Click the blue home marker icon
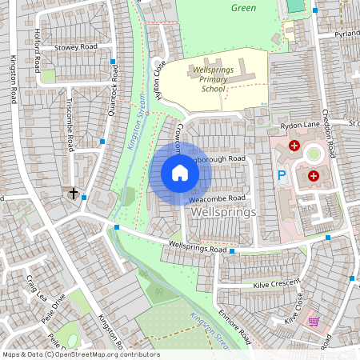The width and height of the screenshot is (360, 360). click(x=180, y=173)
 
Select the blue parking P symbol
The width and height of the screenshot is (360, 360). click(x=280, y=175)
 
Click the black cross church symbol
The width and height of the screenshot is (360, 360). click(x=74, y=194)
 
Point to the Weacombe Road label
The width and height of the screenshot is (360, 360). click(x=216, y=198)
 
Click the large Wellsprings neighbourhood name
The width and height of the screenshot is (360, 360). click(x=224, y=213)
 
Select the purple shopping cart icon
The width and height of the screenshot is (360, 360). click(x=314, y=322)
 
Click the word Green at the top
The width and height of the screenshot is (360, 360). click(x=243, y=8)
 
